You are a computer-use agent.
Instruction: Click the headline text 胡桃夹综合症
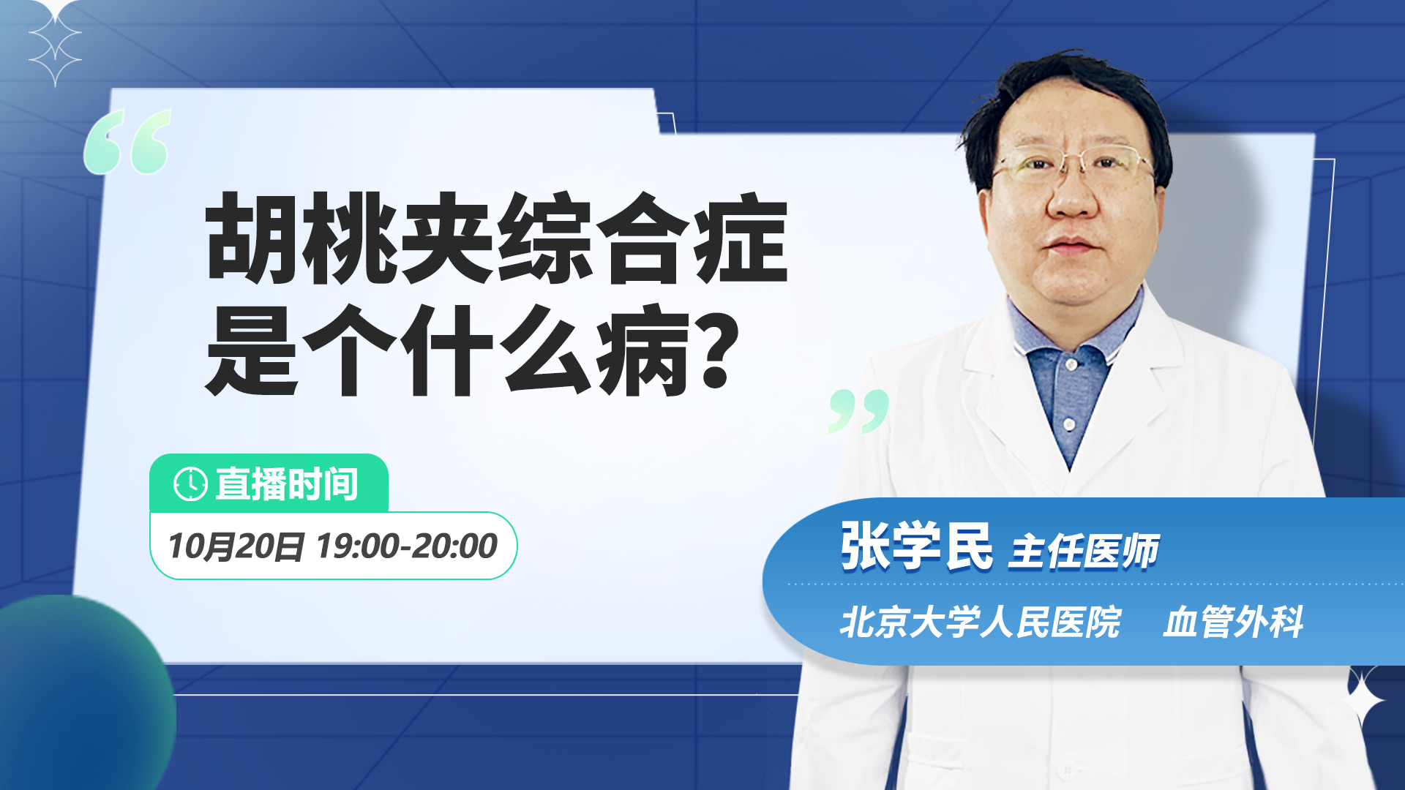(497, 238)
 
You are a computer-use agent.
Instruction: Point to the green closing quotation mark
(858, 411)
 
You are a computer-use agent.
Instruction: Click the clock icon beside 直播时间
(190, 484)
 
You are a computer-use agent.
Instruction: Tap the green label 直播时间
(286, 484)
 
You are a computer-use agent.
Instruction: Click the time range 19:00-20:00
(407, 546)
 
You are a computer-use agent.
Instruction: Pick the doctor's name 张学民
(916, 546)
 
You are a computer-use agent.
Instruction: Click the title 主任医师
(1084, 551)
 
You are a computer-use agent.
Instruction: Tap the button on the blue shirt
(1069, 424)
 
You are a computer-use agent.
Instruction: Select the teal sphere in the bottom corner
(80, 691)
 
